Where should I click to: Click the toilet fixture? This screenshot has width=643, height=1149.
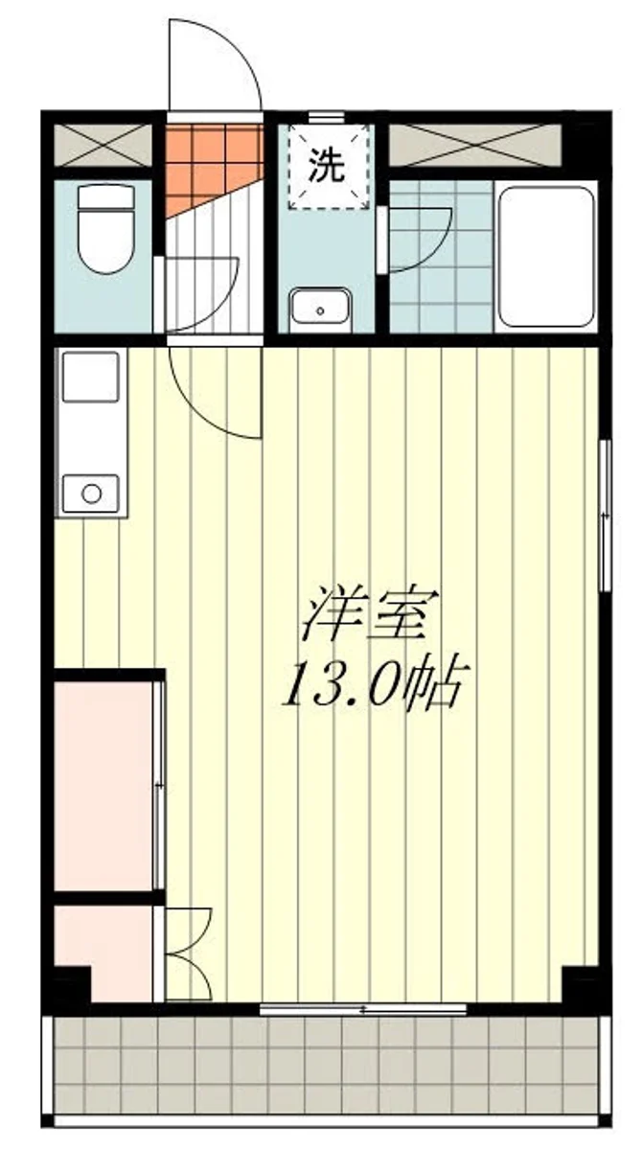coord(105,230)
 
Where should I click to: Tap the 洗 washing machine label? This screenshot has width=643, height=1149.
coord(326,168)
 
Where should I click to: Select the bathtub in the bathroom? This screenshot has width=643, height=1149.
coord(547,256)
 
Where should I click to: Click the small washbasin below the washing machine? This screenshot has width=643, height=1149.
coord(320,309)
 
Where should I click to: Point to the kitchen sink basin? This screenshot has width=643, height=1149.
coord(91,377)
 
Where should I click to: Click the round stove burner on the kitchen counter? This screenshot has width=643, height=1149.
coord(91,494)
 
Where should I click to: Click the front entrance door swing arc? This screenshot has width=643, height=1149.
coord(216,62)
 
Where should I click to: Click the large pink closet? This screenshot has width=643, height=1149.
coord(103,786)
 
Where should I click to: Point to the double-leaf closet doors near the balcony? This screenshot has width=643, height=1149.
coord(187,954)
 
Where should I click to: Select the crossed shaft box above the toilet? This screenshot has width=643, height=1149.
coord(103,145)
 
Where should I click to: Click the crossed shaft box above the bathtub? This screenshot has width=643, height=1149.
coord(475,145)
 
